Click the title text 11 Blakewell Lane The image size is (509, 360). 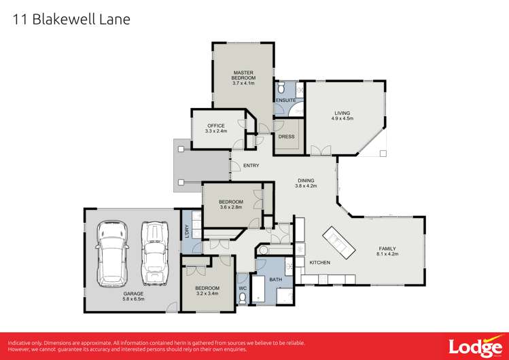tap(71, 20)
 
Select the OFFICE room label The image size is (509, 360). tap(215, 126)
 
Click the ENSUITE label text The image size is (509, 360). tap(285, 101)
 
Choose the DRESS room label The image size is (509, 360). tap(286, 137)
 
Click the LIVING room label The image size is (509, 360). tap(342, 113)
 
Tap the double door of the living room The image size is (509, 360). tap(319, 151)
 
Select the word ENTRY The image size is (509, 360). tap(251, 166)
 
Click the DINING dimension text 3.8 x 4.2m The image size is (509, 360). tap(307, 185)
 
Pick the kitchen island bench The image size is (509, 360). tap(338, 243)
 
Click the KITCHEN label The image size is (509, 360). tap(319, 262)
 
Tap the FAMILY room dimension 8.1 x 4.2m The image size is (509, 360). tap(387, 254)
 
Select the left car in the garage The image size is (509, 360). tap(111, 253)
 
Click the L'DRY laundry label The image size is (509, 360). tap(186, 232)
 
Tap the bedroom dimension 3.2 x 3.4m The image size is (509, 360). tap(207, 294)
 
